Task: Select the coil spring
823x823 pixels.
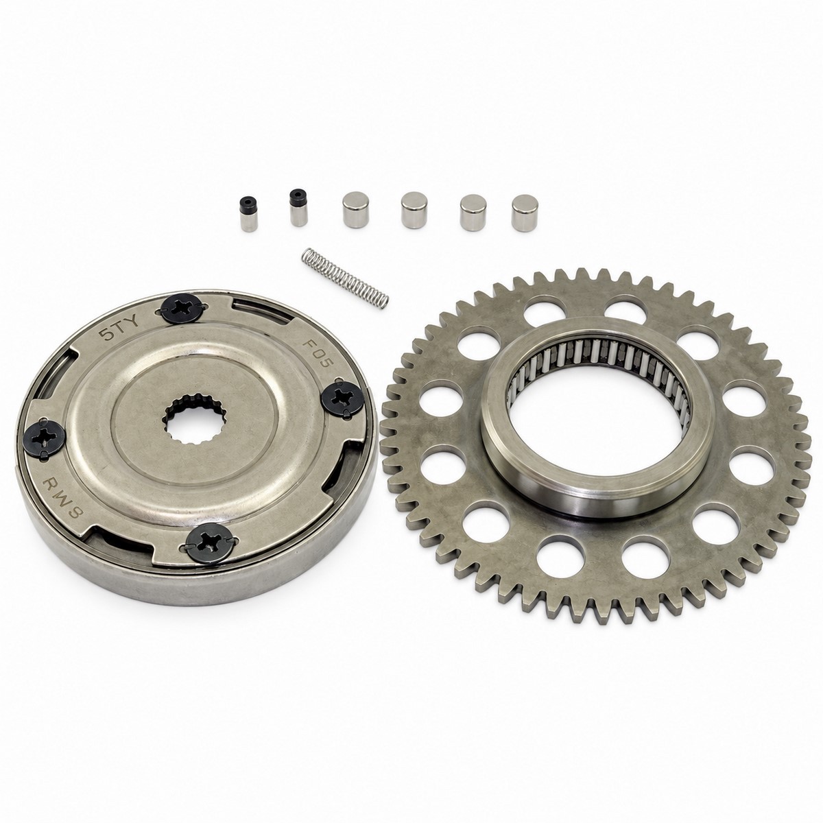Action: pos(345,278)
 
